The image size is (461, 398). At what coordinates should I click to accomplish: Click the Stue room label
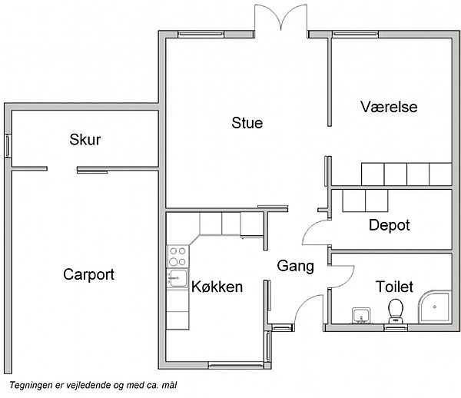[247, 123]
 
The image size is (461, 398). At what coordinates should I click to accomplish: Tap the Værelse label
[389, 107]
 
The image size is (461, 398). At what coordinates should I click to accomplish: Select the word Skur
[85, 140]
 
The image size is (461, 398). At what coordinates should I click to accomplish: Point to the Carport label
[88, 275]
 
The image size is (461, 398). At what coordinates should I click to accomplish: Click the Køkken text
[217, 287]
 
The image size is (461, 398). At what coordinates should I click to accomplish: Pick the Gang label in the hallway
[296, 267]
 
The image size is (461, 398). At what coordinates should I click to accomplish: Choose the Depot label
[390, 226]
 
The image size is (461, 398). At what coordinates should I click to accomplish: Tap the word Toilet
[394, 287]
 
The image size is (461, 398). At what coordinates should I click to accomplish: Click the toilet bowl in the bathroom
[396, 311]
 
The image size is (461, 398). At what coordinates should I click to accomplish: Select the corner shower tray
[435, 307]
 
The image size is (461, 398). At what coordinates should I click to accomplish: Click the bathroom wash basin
[361, 316]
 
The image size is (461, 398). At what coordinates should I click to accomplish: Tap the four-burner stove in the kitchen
[178, 257]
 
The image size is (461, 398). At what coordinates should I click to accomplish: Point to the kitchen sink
[177, 278]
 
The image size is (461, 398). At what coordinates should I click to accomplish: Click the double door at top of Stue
[280, 18]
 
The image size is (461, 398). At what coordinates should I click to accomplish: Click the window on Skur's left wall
[8, 146]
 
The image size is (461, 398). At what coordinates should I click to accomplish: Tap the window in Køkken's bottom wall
[236, 366]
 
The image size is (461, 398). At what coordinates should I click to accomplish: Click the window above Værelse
[356, 35]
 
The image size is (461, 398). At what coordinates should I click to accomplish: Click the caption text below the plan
[93, 385]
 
